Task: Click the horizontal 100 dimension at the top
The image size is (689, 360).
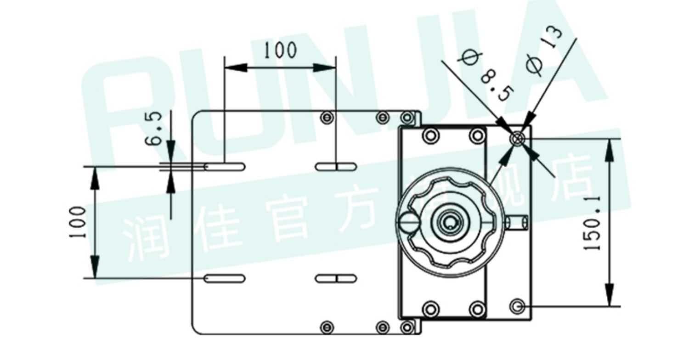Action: [x=280, y=50]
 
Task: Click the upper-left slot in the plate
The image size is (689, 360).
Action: [x=225, y=166]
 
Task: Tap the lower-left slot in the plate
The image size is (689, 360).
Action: [x=225, y=278]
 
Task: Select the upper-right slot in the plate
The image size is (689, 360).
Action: [x=336, y=166]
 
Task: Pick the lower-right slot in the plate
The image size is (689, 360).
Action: [x=336, y=278]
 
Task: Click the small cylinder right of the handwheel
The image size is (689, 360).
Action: [x=517, y=223]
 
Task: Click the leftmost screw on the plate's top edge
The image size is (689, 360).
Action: [x=326, y=117]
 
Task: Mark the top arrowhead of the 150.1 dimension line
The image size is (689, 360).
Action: [x=609, y=149]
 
